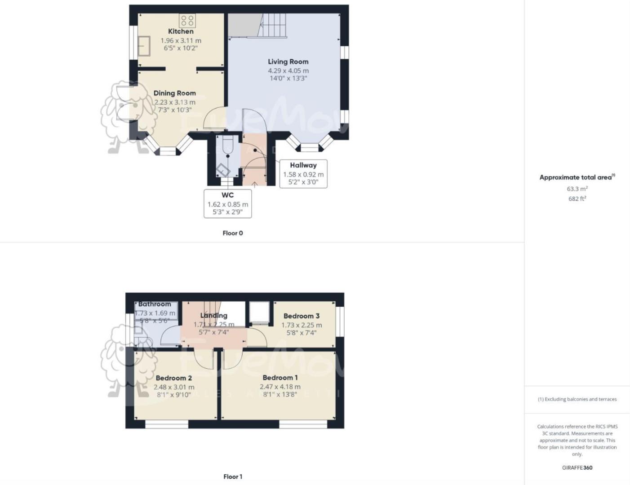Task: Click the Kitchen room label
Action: (181, 31)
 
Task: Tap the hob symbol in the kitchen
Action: (187, 20)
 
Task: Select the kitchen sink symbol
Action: (144, 45)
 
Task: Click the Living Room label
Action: (288, 62)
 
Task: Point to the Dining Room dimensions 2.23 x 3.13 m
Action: (174, 102)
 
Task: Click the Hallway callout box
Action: (303, 173)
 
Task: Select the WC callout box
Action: (227, 203)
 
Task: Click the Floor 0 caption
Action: (233, 233)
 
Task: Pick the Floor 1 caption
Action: (233, 476)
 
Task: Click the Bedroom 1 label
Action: (280, 378)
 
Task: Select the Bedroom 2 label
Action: (173, 378)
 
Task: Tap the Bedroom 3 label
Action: (302, 316)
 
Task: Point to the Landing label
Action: (213, 315)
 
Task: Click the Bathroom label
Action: (155, 304)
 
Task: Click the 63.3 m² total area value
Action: (577, 189)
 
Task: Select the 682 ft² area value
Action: (577, 198)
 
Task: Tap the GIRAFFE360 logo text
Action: (577, 467)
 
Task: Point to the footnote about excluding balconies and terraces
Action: (577, 399)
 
